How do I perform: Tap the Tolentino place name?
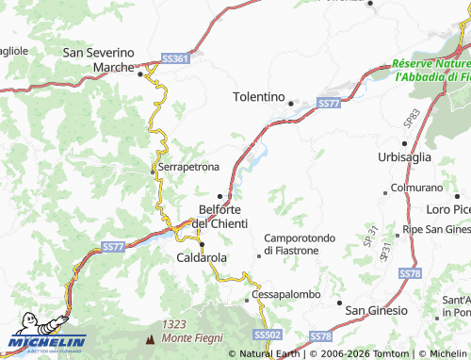[258, 96]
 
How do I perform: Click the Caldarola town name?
[202, 256]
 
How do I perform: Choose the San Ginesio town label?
[377, 310]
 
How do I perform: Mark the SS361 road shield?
[175, 58]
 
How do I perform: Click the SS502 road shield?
[268, 335]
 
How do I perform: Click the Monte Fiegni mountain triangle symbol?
[149, 336]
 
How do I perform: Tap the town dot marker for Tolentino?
[292, 104]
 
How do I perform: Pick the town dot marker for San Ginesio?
[340, 303]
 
